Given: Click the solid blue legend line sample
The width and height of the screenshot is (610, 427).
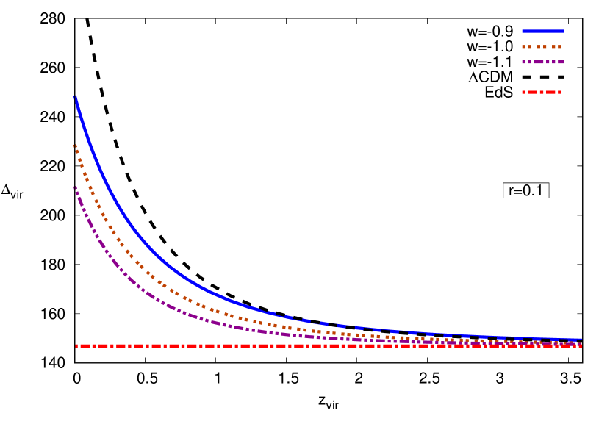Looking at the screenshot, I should pos(542,32).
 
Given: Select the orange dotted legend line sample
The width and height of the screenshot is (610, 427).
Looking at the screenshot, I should pos(542,47).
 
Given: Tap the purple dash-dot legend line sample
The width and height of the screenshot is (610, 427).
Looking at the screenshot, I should pos(542,62).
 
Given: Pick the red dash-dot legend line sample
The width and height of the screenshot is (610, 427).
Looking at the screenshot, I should pos(542,93).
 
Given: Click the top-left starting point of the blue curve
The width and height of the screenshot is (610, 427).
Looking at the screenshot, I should pos(75,97).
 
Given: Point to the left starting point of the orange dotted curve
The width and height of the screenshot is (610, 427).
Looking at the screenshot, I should pos(75,146).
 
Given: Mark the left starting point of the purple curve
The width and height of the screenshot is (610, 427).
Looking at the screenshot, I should pos(75,187).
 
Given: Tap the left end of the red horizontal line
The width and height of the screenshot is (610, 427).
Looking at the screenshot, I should pos(76,345).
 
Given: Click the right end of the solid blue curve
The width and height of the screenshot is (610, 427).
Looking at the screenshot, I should pos(581,340).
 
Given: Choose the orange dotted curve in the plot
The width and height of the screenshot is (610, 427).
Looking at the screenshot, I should pos(147,273).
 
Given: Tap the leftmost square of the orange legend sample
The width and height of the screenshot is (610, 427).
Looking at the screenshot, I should pos(524,47).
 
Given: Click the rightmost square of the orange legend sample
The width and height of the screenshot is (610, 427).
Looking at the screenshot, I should pos(561,47).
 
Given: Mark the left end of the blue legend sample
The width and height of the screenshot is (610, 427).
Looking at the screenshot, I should pos(523,32).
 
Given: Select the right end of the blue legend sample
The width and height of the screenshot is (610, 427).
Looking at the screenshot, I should pos(563,32).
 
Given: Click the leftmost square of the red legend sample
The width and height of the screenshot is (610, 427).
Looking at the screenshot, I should pos(523,93).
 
